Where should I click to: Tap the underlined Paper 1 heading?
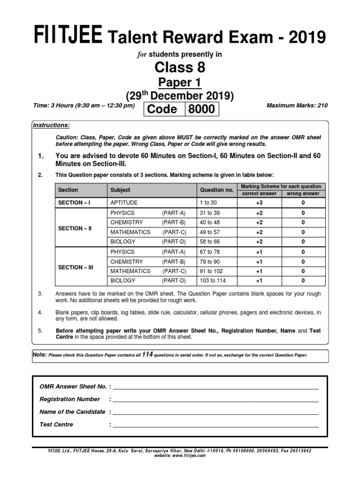180,83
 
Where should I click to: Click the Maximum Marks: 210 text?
297,105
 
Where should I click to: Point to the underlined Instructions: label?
51,126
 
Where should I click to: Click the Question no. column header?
217,190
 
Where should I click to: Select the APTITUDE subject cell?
124,203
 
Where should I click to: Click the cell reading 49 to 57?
209,232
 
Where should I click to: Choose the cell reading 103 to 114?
212,281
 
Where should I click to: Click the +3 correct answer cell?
259,203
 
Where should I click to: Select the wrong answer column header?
303,193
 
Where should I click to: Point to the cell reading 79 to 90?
209,262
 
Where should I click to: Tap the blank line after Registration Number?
216,402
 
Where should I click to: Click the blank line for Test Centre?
216,427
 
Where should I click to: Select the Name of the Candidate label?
73,412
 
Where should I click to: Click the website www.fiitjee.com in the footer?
180,455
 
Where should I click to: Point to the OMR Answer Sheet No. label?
73,386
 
